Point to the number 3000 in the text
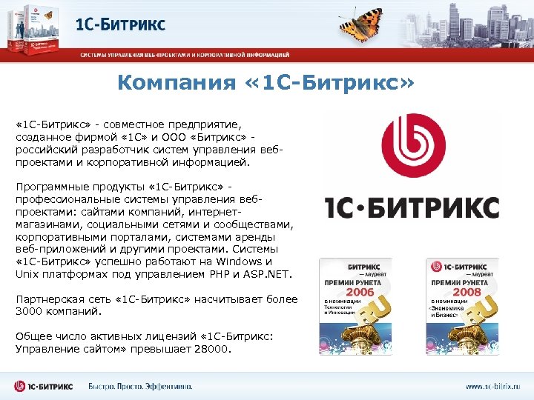pos(30,311)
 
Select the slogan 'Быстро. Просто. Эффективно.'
pos(140,386)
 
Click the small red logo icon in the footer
pos(21,386)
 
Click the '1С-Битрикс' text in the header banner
pos(120,25)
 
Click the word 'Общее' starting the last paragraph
pos(32,336)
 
